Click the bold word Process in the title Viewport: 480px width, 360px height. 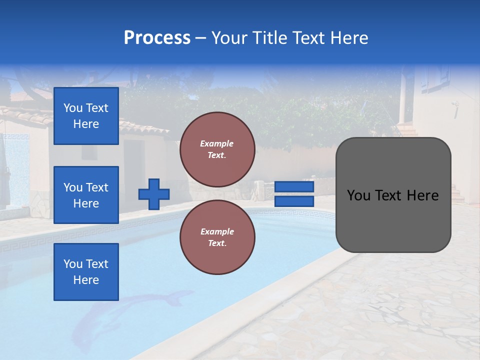coord(157,38)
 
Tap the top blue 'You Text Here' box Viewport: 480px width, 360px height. coord(86,116)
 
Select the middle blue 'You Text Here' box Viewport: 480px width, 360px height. coord(86,195)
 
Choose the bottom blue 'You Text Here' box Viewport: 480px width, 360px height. coord(86,271)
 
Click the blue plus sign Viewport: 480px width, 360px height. coord(154,194)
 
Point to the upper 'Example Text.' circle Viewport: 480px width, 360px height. coord(217,149)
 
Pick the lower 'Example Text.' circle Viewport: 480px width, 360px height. coord(217,237)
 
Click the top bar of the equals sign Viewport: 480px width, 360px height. coord(294,186)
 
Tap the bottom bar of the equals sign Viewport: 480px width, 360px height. coord(294,201)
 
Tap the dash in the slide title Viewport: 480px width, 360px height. coord(201,38)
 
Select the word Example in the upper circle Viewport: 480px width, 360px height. coord(216,143)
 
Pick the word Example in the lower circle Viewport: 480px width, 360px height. coord(216,231)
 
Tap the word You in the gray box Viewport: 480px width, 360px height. coord(358,195)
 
